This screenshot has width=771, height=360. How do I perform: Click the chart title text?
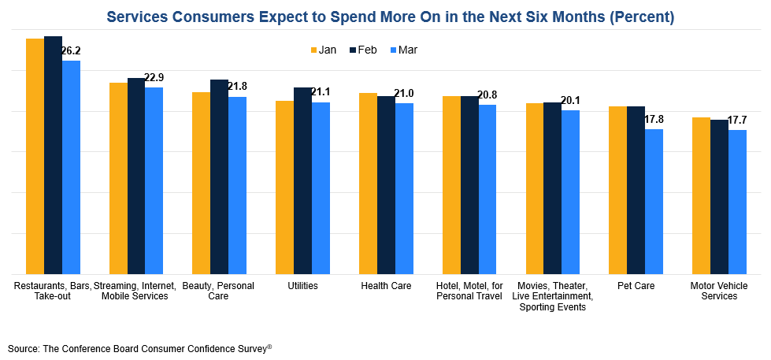(390, 17)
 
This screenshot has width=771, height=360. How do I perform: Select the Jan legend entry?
(324, 50)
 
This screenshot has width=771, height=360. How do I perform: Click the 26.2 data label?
(71, 51)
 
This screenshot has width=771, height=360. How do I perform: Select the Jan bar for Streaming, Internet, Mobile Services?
(118, 178)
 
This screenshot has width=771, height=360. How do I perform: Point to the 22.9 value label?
(154, 78)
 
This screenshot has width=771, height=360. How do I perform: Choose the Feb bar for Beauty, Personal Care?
(219, 176)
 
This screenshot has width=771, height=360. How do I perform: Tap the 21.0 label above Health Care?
(404, 94)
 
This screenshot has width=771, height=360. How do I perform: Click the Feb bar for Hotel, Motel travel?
(469, 184)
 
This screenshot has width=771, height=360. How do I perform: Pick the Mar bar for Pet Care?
(654, 201)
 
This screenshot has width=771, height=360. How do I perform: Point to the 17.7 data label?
(737, 121)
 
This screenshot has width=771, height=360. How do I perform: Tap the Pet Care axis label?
(636, 286)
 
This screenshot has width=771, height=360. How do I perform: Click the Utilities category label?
(302, 286)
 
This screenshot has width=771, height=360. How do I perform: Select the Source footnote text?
(140, 347)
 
